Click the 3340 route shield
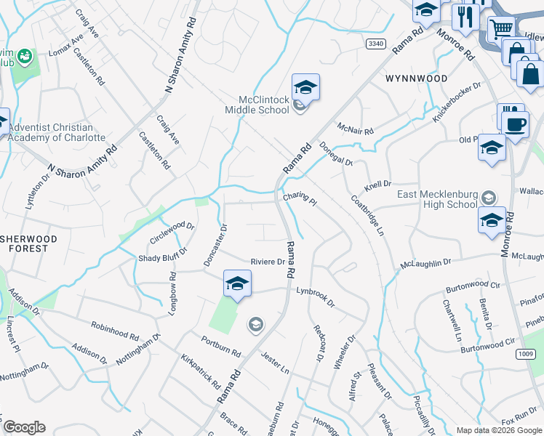(375, 44)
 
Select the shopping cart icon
(500, 30)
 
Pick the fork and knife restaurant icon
(463, 16)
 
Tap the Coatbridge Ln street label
(367, 215)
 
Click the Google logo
(23, 427)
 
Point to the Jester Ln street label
(274, 360)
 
